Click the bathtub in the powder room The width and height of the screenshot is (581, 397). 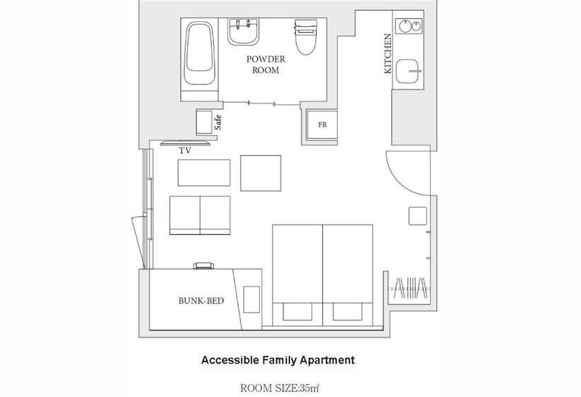[199, 54]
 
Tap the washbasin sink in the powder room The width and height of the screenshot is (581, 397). [243, 31]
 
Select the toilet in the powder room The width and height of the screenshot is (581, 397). [306, 37]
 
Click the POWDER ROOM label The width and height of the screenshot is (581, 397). [266, 65]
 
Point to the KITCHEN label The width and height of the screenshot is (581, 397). [388, 54]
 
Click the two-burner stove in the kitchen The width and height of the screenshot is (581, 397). [410, 26]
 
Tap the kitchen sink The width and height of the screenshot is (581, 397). [409, 71]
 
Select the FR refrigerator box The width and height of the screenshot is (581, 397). [322, 125]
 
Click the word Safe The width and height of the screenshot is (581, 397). [218, 123]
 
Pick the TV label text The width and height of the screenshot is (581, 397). [185, 151]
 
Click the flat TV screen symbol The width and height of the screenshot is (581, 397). [185, 143]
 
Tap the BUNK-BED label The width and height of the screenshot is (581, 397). [201, 301]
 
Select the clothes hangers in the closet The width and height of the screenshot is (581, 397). [411, 288]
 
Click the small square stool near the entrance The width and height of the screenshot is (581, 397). [417, 216]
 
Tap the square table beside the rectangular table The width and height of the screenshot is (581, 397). [261, 173]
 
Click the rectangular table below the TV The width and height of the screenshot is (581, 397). [204, 173]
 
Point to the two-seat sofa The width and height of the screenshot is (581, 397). [200, 216]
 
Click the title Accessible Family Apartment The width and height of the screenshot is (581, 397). [278, 360]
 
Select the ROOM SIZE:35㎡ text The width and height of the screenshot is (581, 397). [280, 388]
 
